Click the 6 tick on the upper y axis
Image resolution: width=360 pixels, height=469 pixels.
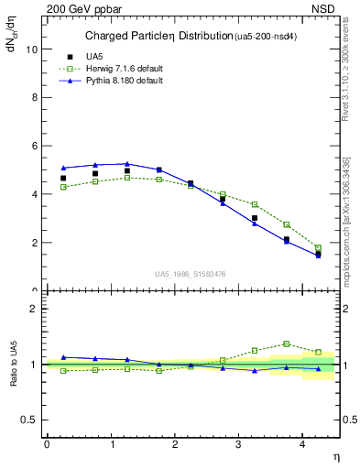point(34,147)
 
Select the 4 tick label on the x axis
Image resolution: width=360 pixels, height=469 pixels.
point(302,443)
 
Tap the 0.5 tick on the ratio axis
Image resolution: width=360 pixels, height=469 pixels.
point(28,420)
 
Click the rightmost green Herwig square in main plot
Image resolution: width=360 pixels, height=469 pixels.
point(319,247)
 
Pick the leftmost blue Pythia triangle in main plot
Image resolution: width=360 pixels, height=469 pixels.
point(63,168)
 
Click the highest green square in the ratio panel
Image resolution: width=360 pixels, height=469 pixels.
point(287,344)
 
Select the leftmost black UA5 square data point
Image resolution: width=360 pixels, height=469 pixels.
point(63,178)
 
